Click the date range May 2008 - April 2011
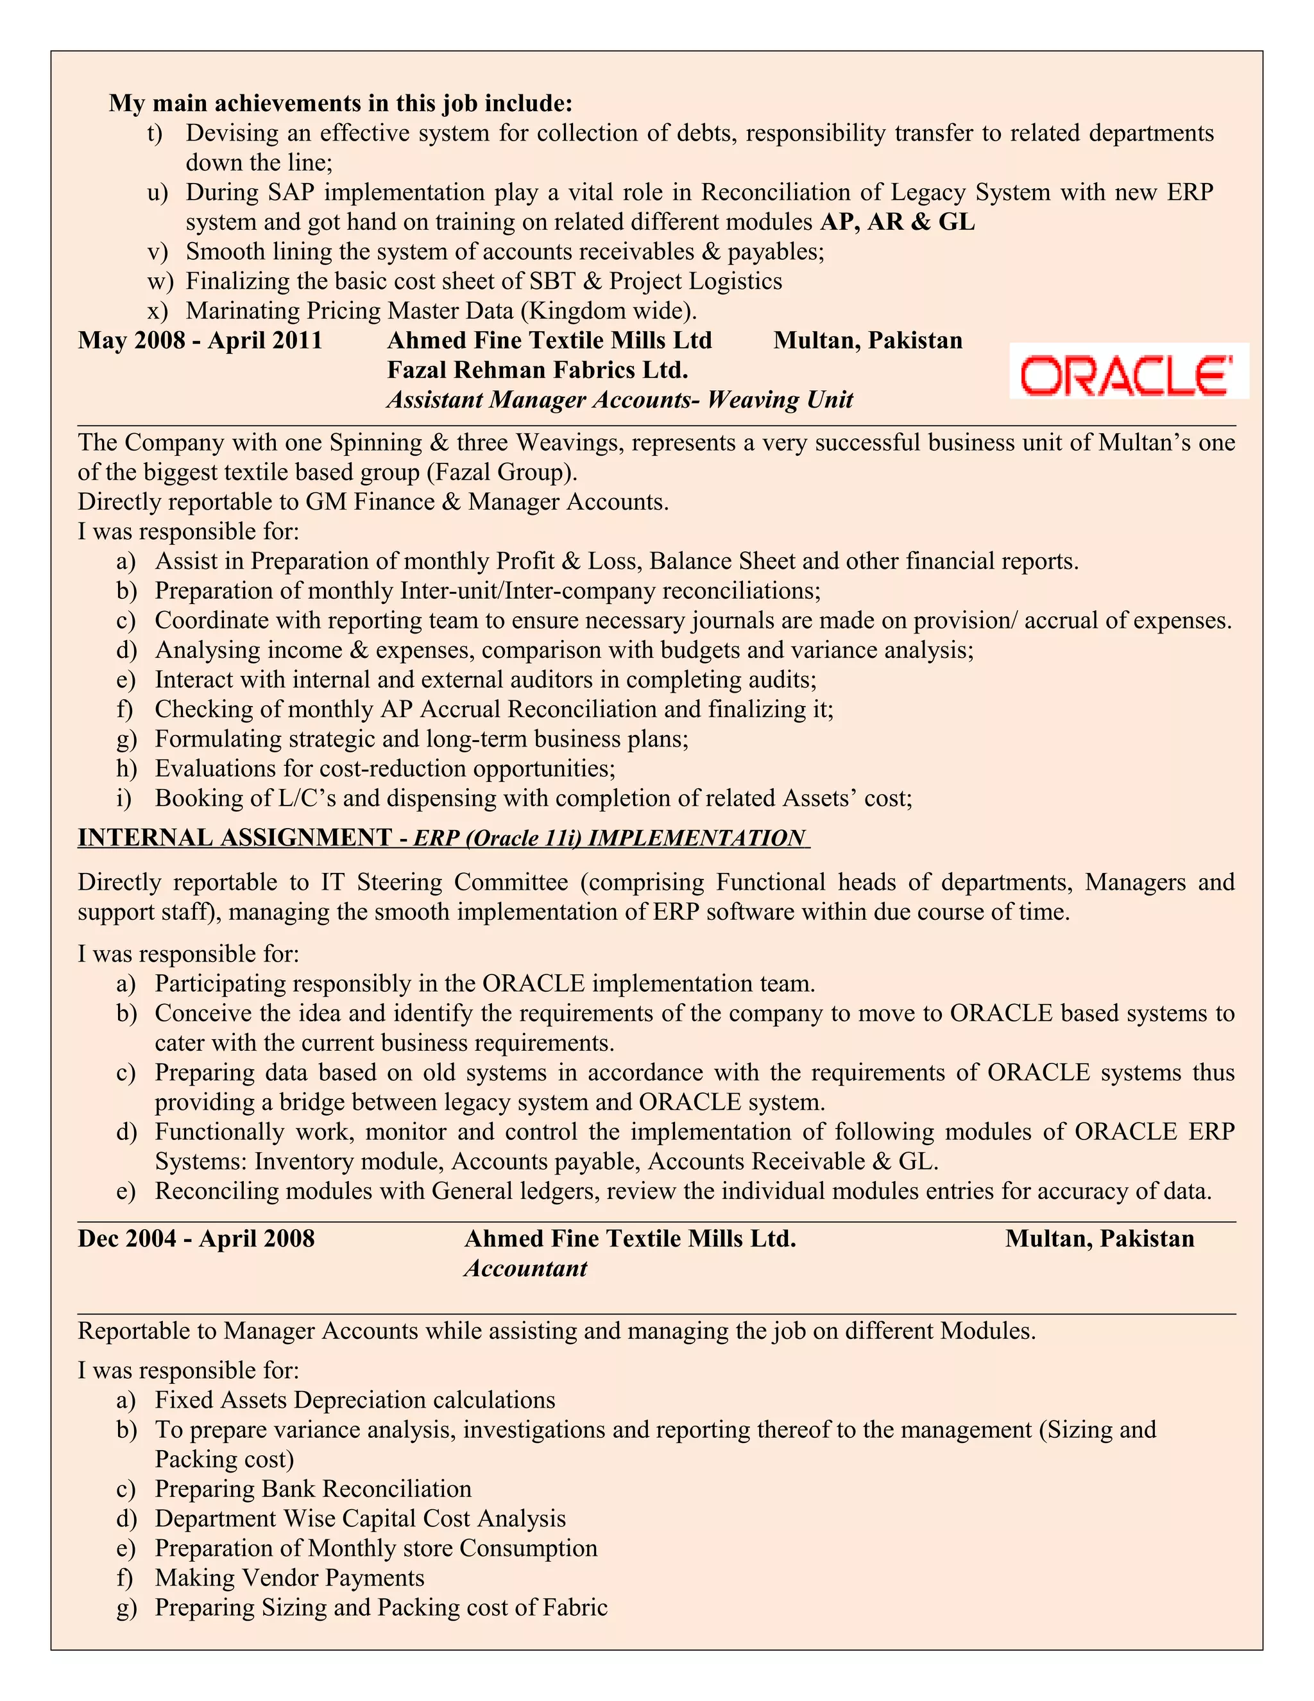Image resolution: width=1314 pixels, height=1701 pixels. point(200,340)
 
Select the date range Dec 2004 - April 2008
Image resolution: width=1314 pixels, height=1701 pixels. point(196,1238)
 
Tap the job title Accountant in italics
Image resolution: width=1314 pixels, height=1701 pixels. point(525,1269)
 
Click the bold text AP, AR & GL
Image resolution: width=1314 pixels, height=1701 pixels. point(897,222)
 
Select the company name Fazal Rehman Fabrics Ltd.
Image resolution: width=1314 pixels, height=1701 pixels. point(537,369)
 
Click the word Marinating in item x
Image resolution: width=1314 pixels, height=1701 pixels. point(242,311)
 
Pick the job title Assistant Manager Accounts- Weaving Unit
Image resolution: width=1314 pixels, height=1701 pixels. point(620,399)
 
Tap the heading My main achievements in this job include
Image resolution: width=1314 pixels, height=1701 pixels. point(341,103)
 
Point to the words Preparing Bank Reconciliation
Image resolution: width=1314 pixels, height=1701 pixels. point(313,1489)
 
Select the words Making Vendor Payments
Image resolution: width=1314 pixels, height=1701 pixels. point(289,1577)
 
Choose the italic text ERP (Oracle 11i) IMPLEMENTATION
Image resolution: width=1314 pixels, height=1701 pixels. point(609,838)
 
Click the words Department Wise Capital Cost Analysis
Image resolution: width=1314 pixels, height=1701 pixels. point(361,1518)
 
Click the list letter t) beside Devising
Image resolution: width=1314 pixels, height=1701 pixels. point(154,133)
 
